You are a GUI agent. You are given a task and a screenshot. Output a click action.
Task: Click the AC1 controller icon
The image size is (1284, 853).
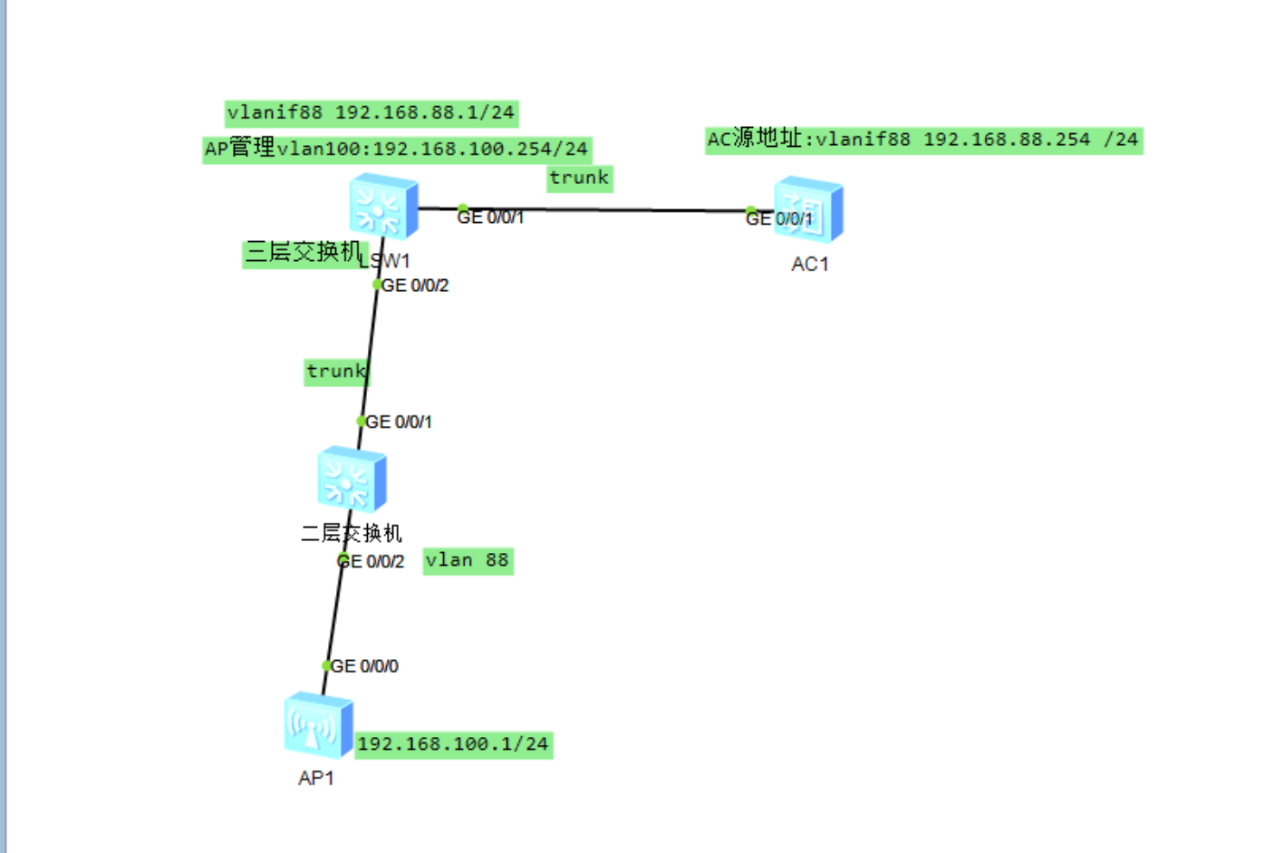coord(808,210)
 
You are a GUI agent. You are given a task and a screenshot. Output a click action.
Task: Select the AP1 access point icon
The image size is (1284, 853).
coord(317,725)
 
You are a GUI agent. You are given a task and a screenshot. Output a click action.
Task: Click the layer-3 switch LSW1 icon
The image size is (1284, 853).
coord(383,206)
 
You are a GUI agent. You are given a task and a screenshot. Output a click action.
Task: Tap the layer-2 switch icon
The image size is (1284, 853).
coord(352,479)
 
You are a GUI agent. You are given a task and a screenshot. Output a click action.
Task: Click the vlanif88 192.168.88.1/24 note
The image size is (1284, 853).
coord(371,112)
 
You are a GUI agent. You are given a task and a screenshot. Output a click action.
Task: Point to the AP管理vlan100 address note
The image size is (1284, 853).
coord(397,148)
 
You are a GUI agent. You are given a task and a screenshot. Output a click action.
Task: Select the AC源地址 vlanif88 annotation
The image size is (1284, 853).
coord(922,140)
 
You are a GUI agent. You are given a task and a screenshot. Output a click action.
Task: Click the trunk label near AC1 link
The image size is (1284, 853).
coord(579,178)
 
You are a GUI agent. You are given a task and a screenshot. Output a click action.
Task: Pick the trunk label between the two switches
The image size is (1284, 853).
coord(335,371)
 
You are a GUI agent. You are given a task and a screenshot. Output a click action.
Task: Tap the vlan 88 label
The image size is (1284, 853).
coord(468,560)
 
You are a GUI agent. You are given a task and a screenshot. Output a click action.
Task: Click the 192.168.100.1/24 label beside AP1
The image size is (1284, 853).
coord(453,744)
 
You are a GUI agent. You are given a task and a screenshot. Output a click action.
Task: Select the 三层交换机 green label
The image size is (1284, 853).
coord(303,252)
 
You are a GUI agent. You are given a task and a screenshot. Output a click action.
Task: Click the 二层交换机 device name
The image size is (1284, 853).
coord(352,533)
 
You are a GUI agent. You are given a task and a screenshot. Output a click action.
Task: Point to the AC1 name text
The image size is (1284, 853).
coord(809,264)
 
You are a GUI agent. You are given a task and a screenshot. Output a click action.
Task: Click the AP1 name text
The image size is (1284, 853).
coord(316,778)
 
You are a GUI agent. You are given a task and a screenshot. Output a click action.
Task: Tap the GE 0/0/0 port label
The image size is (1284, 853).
coord(365,666)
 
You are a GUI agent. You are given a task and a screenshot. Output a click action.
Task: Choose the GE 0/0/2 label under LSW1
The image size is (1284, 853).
coord(415,286)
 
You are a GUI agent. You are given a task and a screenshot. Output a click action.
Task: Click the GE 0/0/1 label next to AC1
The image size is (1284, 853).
coord(780,218)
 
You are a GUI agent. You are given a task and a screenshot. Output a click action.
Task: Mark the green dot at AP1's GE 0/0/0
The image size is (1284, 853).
coord(327,665)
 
